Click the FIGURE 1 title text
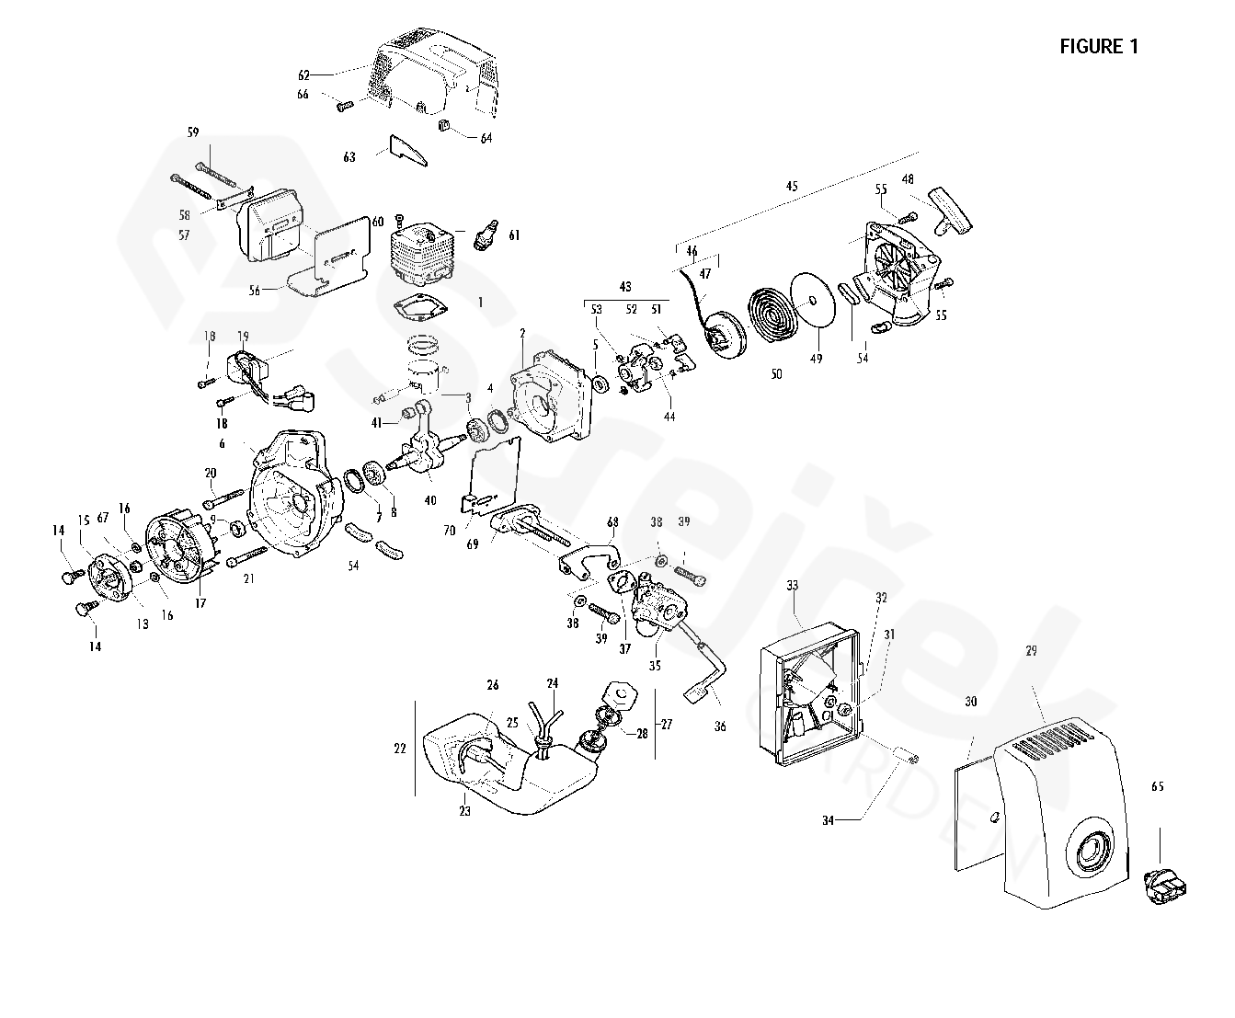point(1098,47)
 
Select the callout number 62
point(303,74)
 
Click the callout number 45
point(792,187)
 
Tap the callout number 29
point(1031,651)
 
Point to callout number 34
point(828,820)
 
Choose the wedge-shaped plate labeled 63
point(408,150)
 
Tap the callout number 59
point(193,132)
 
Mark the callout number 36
point(720,726)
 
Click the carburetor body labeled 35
point(658,606)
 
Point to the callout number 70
point(449,531)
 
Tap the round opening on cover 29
point(1092,850)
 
